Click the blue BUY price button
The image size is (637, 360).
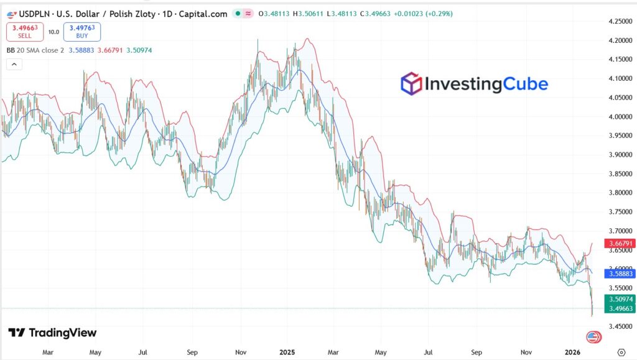[81, 32]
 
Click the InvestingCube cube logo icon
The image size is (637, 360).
[411, 83]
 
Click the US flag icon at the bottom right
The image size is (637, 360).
[593, 337]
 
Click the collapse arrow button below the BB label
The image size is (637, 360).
[14, 64]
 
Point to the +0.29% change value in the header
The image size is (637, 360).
[439, 14]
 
